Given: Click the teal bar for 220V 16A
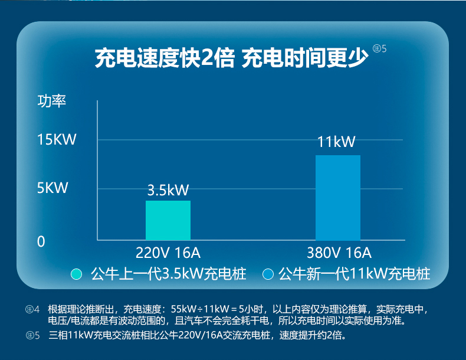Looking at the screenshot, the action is coord(168,220).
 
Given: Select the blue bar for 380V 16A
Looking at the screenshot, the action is coord(338,198).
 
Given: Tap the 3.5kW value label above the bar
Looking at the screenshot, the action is coord(168,190).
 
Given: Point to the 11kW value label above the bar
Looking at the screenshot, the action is coord(336,142).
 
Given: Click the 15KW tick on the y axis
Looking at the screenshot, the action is coord(57,139).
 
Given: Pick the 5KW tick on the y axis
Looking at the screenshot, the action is coord(52,188).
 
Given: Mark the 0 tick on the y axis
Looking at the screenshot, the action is coord(41,242).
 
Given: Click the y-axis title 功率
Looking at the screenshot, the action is coord(52,101).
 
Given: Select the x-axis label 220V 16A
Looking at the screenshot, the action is coord(168,253).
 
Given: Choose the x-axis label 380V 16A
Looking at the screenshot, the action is coord(339,253).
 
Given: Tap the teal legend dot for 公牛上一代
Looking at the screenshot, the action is coord(76,274).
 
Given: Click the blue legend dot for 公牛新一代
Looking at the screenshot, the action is coord(268,274).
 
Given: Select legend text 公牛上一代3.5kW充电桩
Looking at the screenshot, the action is coord(169,274).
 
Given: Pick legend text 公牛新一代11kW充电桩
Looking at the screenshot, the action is coord(355,274).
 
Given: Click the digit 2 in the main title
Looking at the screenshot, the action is coord(207,58).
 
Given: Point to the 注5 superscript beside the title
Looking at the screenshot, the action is coord(380,48).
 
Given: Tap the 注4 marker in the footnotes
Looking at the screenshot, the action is coord(32,309).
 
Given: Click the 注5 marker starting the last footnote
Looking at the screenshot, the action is coord(32,335).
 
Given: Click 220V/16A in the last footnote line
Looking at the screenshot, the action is coord(198,335).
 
